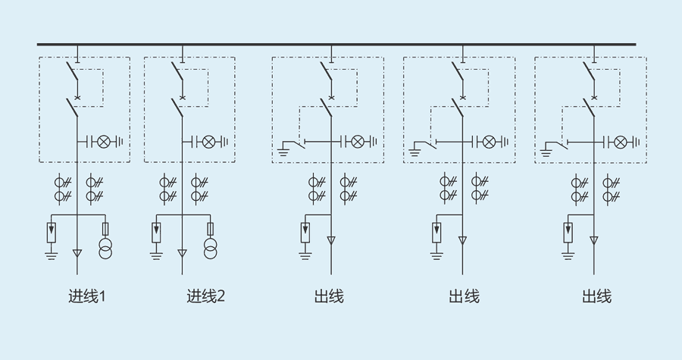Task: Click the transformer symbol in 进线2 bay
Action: [210, 248]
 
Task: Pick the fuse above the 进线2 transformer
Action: [210, 228]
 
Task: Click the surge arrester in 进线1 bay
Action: [52, 230]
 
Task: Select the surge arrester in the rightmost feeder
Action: [568, 230]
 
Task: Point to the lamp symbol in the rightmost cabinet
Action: [621, 142]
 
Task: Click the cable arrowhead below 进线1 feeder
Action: [77, 253]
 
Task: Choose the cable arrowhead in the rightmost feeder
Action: [594, 241]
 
